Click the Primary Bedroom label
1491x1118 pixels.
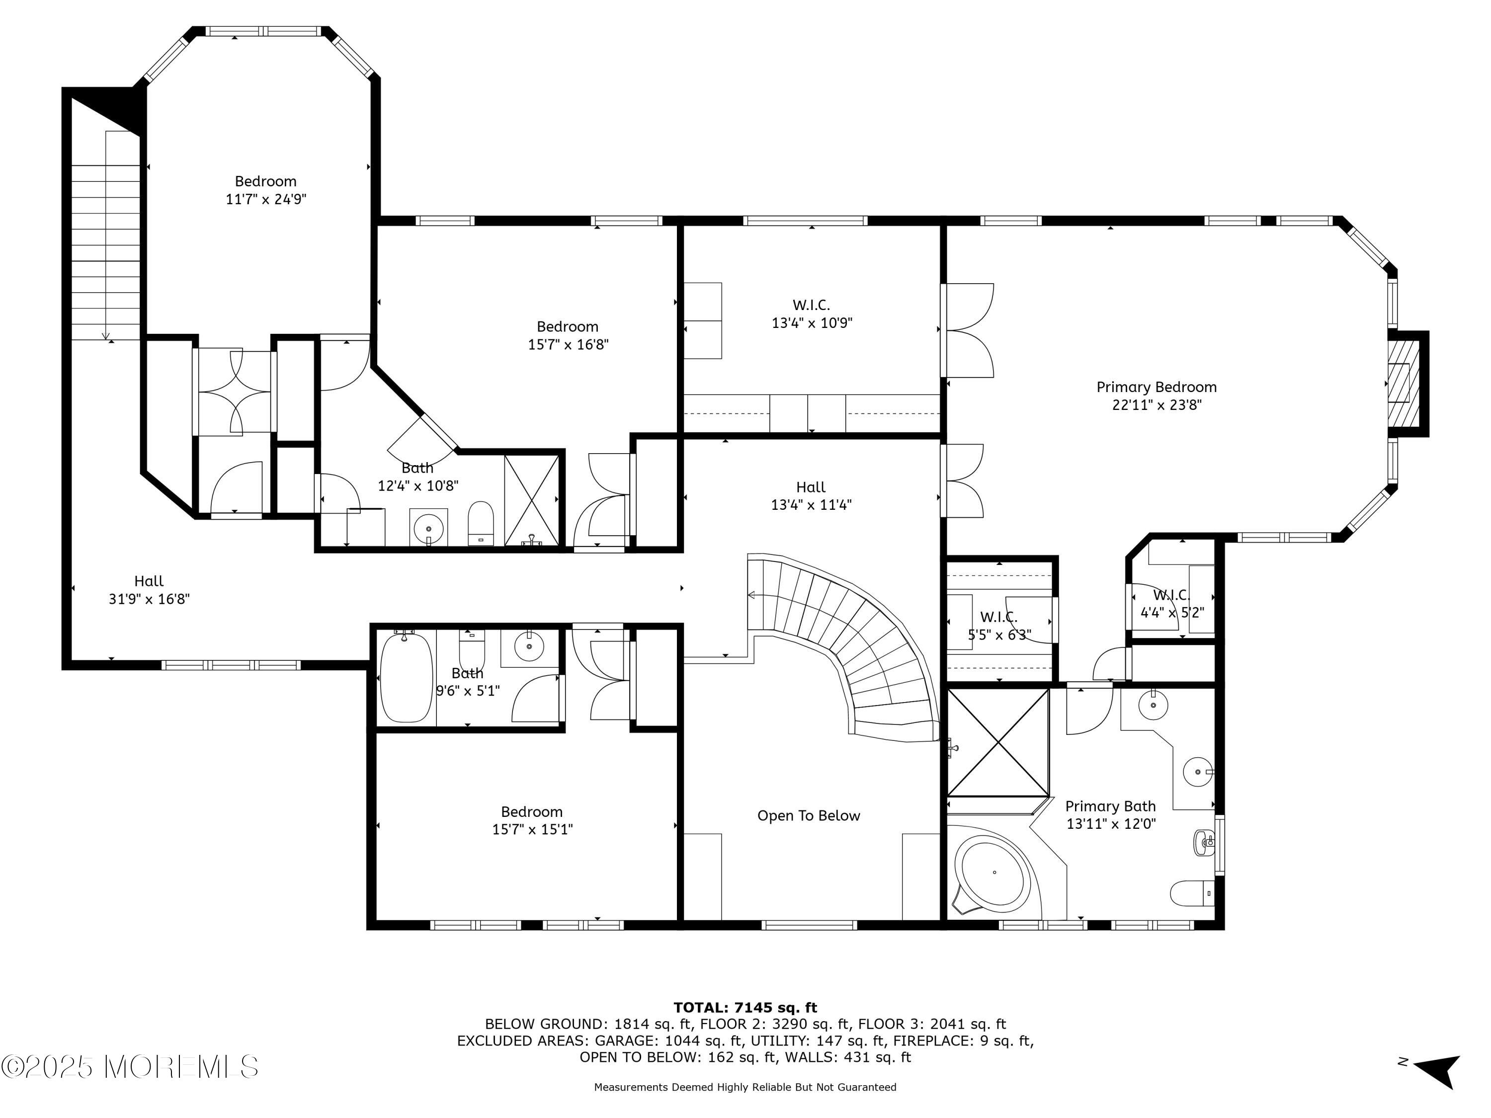coord(1156,387)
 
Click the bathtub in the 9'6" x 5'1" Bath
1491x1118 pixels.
coord(407,677)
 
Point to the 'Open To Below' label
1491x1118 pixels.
coord(808,815)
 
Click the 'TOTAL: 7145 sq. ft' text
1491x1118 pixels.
coord(745,1008)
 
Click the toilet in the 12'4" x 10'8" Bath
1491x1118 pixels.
coord(481,522)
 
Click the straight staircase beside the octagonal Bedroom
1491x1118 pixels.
coord(106,236)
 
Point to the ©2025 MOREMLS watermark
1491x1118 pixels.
coord(129,1066)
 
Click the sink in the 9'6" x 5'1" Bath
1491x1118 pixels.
coord(529,647)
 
